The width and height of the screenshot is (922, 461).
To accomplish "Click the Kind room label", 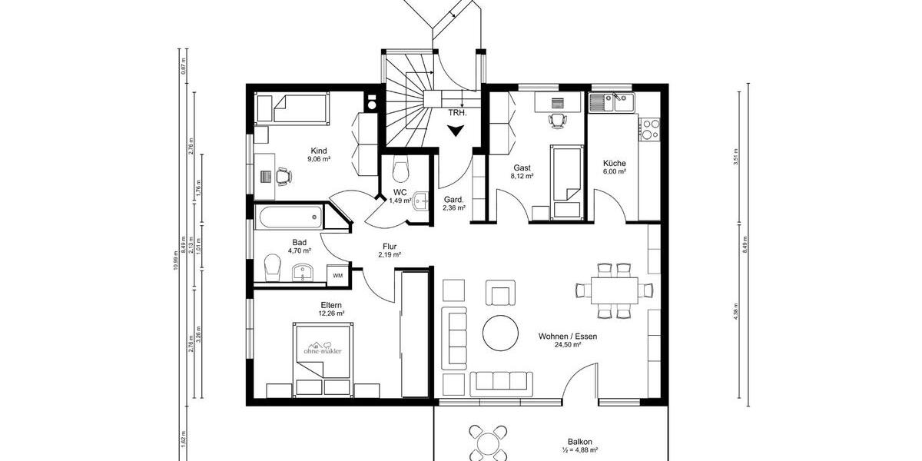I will [x=319, y=151].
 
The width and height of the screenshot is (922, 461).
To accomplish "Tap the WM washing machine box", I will [x=338, y=274].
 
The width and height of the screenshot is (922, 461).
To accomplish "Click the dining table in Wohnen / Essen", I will [x=614, y=290].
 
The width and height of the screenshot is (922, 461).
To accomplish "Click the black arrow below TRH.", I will [x=456, y=131].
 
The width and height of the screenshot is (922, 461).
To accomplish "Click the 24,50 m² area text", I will [x=568, y=346].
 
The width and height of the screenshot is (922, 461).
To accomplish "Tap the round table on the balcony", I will [x=489, y=445].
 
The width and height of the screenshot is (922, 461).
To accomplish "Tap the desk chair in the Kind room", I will [x=284, y=176].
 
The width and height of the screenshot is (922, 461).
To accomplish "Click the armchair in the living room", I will [x=499, y=293].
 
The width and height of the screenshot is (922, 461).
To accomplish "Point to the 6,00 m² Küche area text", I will [x=615, y=172].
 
